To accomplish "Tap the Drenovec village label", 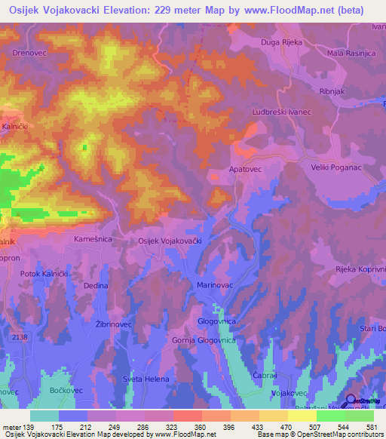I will (x=29, y=54).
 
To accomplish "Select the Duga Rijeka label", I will (x=281, y=42).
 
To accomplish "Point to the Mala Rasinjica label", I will (x=351, y=54).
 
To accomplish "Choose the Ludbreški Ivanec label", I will (x=281, y=112).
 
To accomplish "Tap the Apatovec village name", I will (x=245, y=170).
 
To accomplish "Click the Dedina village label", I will (x=96, y=286).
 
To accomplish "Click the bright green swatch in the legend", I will (x=330, y=416).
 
